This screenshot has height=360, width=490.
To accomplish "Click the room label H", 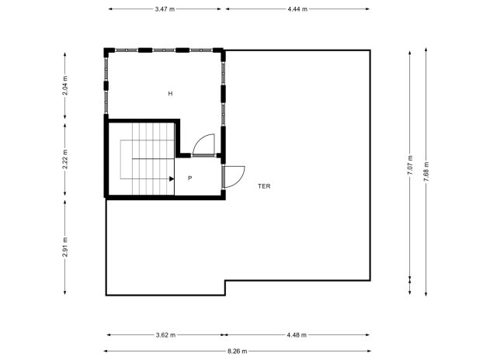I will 170,93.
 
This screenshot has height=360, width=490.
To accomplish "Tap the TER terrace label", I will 265,186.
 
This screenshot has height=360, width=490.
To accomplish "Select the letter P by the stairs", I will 189,178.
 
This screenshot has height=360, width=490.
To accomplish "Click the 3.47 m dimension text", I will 165,9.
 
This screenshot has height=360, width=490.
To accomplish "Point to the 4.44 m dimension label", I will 297,9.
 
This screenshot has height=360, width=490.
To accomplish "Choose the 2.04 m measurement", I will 65,85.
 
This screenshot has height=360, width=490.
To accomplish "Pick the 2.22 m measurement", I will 65,158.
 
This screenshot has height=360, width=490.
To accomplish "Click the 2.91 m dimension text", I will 65,246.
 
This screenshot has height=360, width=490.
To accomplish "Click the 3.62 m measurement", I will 165,335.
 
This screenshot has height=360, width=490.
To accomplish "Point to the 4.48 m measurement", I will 297,335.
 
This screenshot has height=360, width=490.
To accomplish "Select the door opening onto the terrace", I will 234,177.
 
